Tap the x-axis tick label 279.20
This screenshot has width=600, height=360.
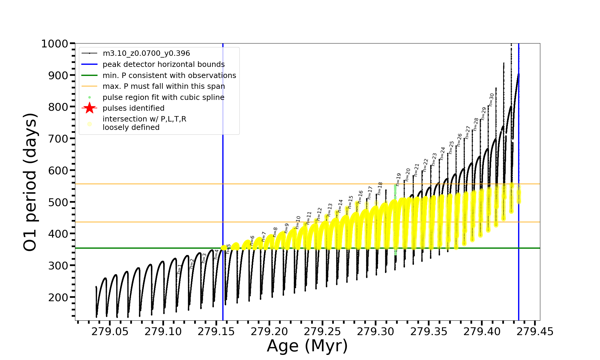click(269, 331)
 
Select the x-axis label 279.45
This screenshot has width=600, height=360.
click(535, 331)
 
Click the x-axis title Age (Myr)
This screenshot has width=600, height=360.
click(307, 346)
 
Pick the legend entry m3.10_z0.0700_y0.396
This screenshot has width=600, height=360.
click(146, 53)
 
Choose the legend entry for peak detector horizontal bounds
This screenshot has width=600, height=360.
click(163, 64)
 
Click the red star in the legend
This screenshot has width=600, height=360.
click(89, 108)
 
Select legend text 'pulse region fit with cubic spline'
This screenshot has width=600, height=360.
click(163, 97)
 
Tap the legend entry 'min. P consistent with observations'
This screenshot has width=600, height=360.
click(169, 76)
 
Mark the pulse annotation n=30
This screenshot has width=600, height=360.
click(491, 100)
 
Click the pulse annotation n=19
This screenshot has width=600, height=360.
click(398, 179)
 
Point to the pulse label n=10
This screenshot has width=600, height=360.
click(298, 222)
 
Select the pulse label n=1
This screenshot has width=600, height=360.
click(179, 269)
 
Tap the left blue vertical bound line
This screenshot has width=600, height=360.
click(223, 180)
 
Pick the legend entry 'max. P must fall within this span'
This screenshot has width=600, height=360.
click(163, 86)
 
